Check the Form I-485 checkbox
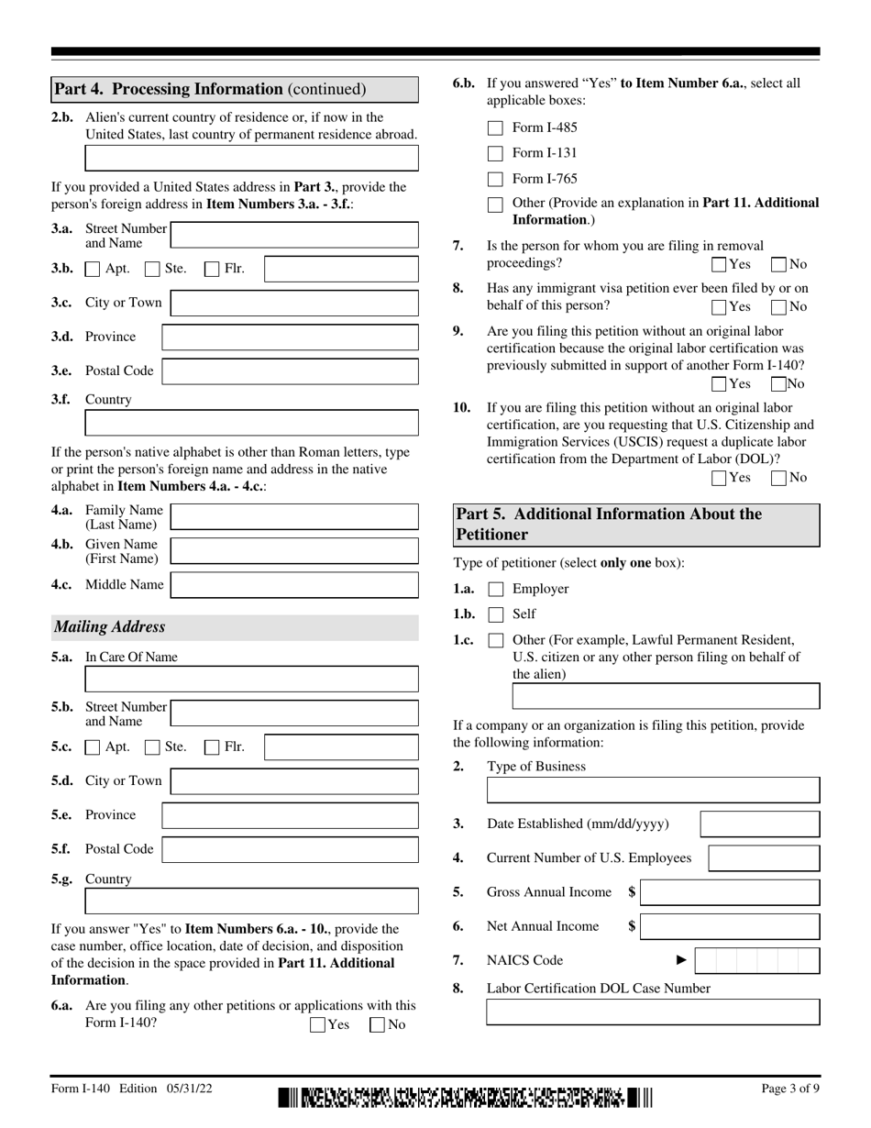click(x=495, y=128)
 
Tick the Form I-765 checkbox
click(x=495, y=180)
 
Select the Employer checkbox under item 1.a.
click(x=495, y=590)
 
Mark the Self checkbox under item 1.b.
click(x=495, y=614)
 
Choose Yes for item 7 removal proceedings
click(x=720, y=265)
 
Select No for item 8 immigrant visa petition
click(x=779, y=307)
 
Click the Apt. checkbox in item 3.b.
click(x=93, y=270)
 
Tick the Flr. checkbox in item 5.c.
click(x=212, y=747)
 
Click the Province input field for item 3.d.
click(x=290, y=337)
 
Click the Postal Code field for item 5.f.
click(x=290, y=850)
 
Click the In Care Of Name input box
click(x=251, y=680)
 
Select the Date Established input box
click(x=760, y=824)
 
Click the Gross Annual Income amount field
click(x=731, y=892)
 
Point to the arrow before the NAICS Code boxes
click(x=681, y=960)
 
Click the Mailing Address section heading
click(x=110, y=627)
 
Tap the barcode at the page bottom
click(x=466, y=1097)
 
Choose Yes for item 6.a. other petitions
click(x=318, y=1025)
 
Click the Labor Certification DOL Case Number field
click(x=653, y=1012)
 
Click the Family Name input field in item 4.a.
click(x=294, y=517)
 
